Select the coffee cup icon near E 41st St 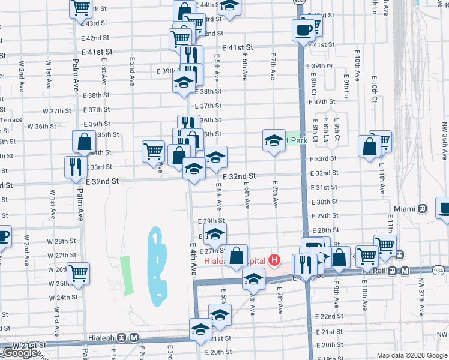(x=303, y=29)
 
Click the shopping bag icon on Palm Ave (x=84, y=142)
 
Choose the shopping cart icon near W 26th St (x=79, y=272)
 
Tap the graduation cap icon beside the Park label (x=274, y=140)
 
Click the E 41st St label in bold (x=238, y=47)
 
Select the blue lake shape (x=155, y=263)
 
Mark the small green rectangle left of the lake (x=126, y=275)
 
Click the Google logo (x=20, y=353)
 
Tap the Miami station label (x=405, y=209)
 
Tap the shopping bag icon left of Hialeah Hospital (x=237, y=255)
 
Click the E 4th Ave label (x=194, y=259)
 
